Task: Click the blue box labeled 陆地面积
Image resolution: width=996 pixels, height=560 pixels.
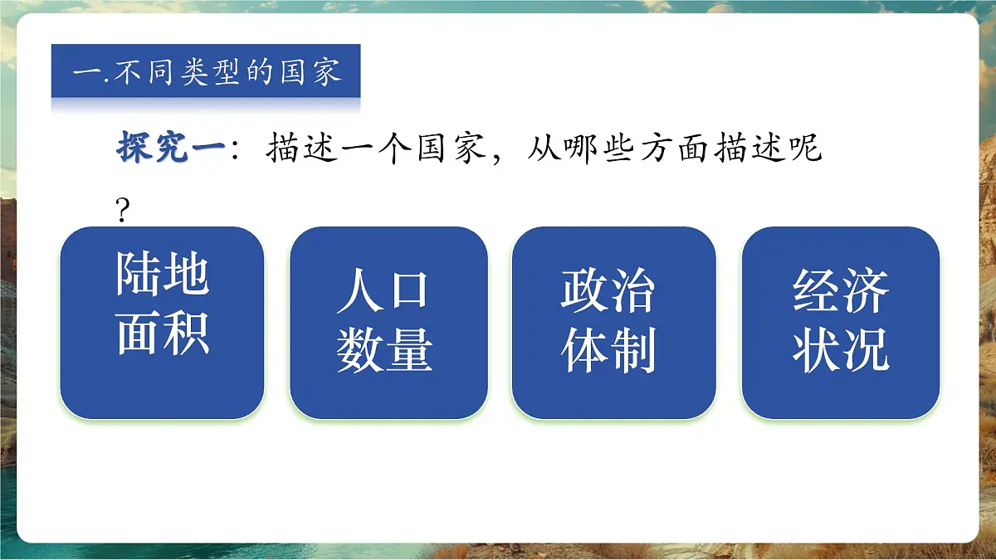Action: (x=162, y=323)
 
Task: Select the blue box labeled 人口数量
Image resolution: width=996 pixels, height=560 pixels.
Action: (x=388, y=323)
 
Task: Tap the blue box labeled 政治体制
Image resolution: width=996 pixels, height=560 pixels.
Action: (x=613, y=323)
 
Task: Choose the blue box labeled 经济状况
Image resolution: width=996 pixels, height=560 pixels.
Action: (x=840, y=323)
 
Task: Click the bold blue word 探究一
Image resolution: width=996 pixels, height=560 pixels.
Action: (x=170, y=149)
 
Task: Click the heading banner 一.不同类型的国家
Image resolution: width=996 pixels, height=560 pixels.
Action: (x=206, y=71)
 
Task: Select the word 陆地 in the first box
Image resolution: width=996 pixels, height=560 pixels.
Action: (x=162, y=273)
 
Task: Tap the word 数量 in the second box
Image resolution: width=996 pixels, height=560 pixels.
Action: (x=384, y=349)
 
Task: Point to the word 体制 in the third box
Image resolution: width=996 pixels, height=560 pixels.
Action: (x=608, y=349)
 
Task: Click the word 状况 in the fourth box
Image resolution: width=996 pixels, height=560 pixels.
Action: (x=840, y=349)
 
